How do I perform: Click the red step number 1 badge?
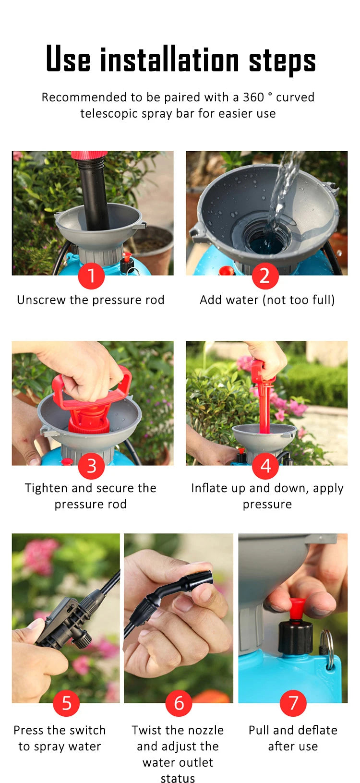(x=91, y=276)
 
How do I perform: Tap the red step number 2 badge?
(x=265, y=276)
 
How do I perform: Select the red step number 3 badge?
(x=91, y=466)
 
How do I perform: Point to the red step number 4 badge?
(x=265, y=466)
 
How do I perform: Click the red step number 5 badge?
(x=66, y=703)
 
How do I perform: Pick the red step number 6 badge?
(x=179, y=703)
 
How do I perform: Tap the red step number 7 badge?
(x=293, y=703)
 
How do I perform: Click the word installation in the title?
(x=169, y=60)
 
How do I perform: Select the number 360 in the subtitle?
(x=253, y=97)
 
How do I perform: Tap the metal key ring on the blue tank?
(x=328, y=648)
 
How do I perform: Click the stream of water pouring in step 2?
(x=283, y=187)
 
